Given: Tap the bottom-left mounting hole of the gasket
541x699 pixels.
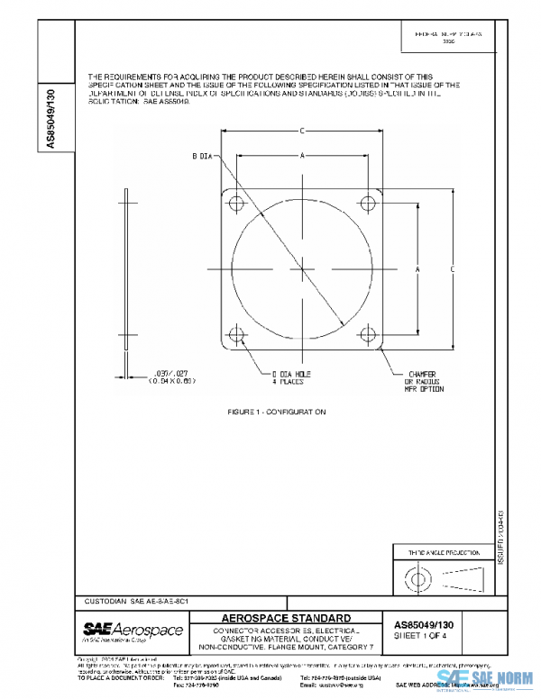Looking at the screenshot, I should (x=237, y=335).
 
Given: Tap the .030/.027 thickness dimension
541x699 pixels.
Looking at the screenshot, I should (x=170, y=377).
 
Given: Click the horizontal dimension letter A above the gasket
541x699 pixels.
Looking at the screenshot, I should (x=303, y=155).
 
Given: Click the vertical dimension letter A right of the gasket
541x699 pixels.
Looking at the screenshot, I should (x=417, y=268).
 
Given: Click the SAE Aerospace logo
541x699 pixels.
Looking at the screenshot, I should (x=132, y=631).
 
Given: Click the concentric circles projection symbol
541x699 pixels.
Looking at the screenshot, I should (x=417, y=575).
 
